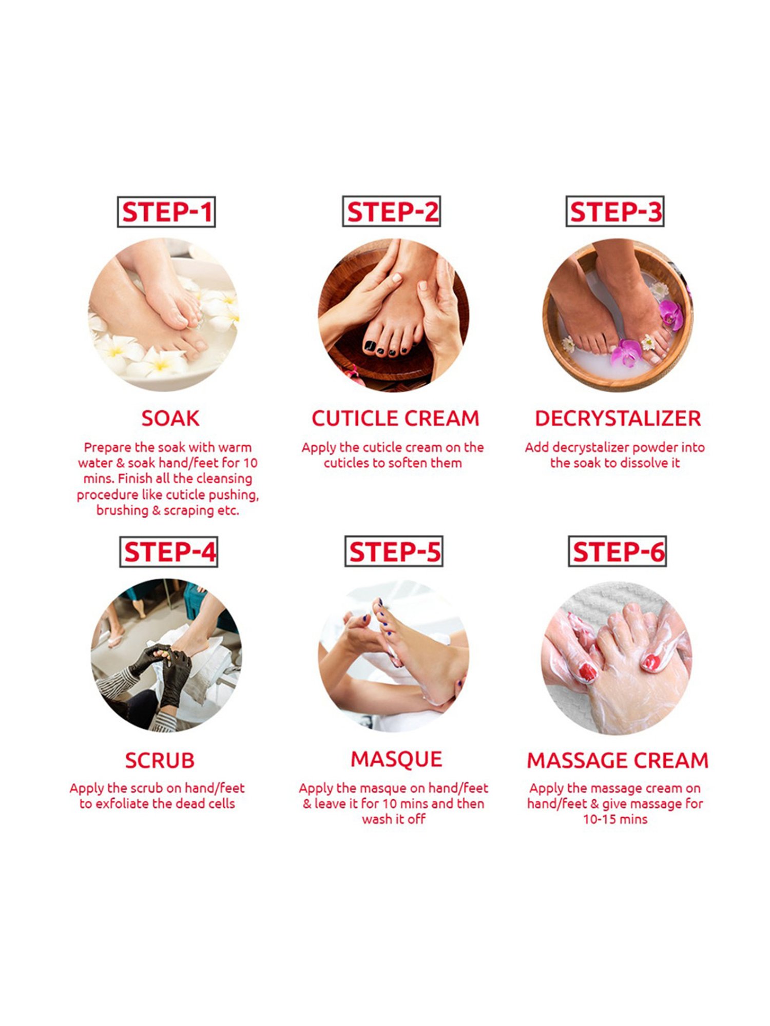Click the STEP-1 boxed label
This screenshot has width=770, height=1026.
coord(166,211)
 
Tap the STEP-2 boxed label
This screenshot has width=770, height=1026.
coord(392,211)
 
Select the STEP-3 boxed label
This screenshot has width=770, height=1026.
coord(615,211)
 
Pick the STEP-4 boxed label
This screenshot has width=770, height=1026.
coord(169,552)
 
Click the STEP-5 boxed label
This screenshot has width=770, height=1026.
coord(394,552)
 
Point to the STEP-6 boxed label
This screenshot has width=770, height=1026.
coord(618,552)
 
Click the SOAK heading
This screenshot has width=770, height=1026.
coord(170,419)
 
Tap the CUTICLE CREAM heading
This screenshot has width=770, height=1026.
coord(395,419)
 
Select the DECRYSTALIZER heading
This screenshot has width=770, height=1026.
coord(618,419)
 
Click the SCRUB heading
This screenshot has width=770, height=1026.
coord(160,760)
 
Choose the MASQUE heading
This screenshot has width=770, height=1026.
coord(396,759)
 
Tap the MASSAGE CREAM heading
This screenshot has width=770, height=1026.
coord(618,760)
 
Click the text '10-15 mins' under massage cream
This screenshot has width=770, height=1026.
coord(615,819)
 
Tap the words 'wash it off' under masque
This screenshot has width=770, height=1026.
coord(394,819)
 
